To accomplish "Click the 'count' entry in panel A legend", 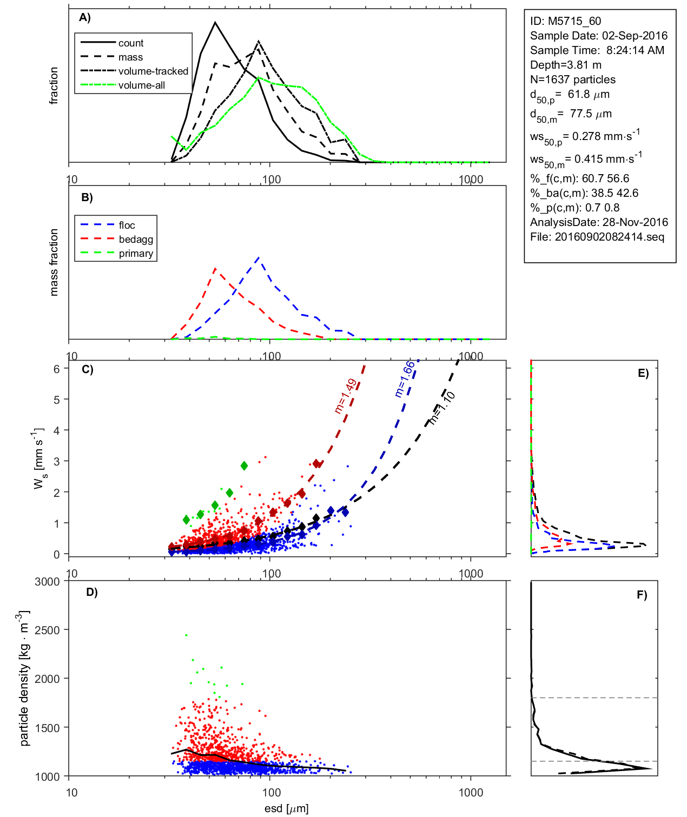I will [x=131, y=43].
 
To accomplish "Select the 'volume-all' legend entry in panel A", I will [x=142, y=85].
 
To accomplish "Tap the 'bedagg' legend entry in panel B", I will [x=136, y=240].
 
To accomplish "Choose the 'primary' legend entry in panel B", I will [x=136, y=254].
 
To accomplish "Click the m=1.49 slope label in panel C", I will [x=345, y=396].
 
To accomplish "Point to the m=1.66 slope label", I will [x=405, y=379].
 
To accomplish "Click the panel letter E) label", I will [x=643, y=373].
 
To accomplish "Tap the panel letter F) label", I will [x=642, y=595].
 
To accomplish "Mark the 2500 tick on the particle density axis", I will [x=47, y=630].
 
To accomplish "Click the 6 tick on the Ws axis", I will [x=56, y=369].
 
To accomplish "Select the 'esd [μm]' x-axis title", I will [x=286, y=808].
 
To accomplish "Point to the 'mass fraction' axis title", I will [x=54, y=262].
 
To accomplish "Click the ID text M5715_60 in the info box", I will [x=565, y=21].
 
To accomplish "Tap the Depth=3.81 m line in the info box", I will [x=565, y=65].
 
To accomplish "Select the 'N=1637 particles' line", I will [x=572, y=79].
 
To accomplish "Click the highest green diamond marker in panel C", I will [x=244, y=466].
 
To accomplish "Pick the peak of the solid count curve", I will [x=215, y=22].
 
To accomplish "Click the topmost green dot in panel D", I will [x=186, y=635].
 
